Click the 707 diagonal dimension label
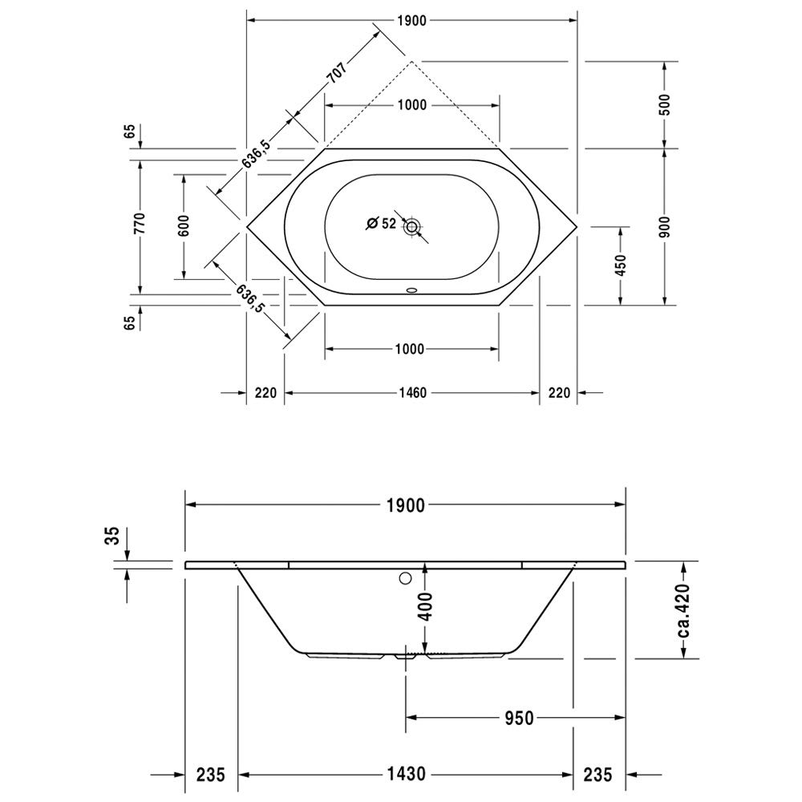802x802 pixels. [x=337, y=72]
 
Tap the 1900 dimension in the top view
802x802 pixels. [x=411, y=21]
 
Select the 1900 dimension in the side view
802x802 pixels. [x=405, y=505]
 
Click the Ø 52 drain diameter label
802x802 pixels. [x=382, y=224]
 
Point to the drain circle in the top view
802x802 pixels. [x=411, y=226]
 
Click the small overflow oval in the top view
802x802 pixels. [x=411, y=290]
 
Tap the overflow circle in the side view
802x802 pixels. [x=406, y=578]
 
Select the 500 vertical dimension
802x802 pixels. [x=664, y=105]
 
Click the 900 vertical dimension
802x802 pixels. [x=664, y=227]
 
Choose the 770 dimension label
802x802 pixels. [x=140, y=223]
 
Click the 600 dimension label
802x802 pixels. [x=184, y=225]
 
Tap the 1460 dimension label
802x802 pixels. [x=412, y=393]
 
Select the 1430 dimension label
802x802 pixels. [x=405, y=774]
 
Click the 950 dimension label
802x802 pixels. [x=520, y=718]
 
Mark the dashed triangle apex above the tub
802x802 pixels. [x=411, y=62]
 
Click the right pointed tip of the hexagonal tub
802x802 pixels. [x=577, y=226]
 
